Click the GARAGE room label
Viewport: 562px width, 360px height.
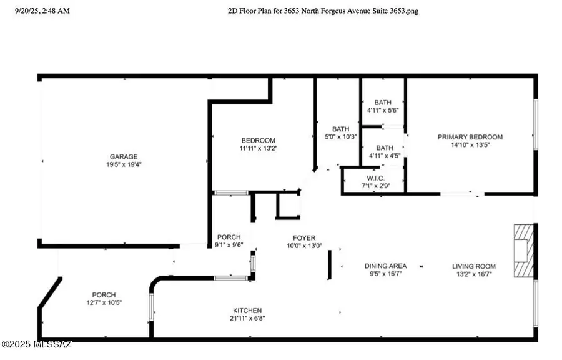point(124,156)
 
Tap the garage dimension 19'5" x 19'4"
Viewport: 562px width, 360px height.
point(124,164)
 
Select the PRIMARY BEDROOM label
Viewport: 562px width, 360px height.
point(470,137)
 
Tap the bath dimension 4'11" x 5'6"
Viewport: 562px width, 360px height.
point(383,110)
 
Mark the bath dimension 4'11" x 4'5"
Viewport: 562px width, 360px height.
point(383,156)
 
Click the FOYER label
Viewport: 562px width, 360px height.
point(304,237)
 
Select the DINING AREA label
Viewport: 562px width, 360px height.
point(385,266)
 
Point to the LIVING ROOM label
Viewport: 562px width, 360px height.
point(474,266)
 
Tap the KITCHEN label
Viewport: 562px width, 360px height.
point(248,311)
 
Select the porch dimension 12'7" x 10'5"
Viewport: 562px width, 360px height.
point(104,302)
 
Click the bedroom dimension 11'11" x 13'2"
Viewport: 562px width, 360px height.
point(258,148)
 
